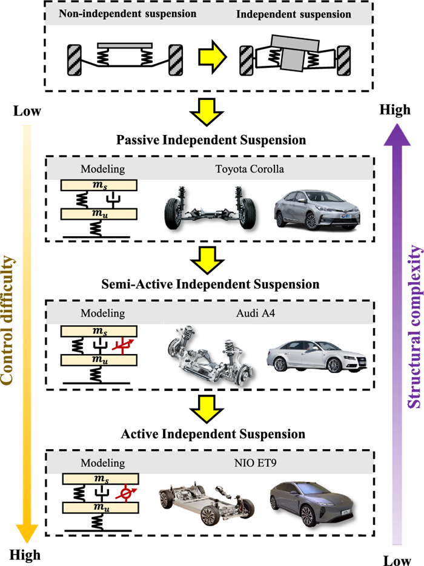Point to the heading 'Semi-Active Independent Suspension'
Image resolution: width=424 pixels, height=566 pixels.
point(211,283)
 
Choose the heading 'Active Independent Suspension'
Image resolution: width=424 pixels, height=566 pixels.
point(211,434)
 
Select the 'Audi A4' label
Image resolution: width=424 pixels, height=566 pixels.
point(250,313)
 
